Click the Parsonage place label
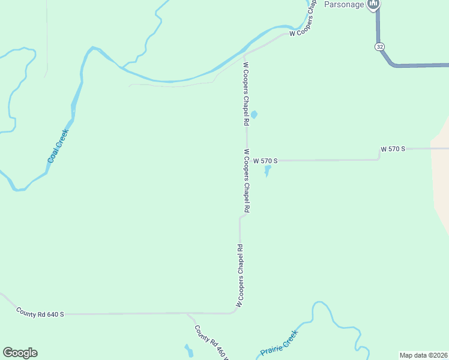344,4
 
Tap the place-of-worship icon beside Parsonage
374,4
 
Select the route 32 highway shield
379,46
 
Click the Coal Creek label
58,146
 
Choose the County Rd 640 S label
40,313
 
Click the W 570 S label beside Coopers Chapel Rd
265,161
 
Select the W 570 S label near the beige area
393,148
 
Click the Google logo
20,353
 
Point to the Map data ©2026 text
423,355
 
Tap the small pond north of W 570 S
254,115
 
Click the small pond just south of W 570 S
267,170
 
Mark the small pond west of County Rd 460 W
189,351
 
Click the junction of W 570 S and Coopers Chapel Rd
247,161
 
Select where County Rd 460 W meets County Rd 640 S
187,313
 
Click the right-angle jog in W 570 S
379,154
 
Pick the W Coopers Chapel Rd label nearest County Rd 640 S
240,275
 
